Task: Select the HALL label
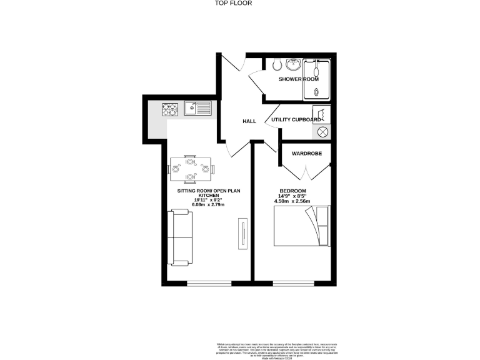250,121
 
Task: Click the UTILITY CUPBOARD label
296,119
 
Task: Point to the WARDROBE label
306,152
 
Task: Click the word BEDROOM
292,191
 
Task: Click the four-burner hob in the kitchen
171,111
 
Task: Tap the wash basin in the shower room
293,64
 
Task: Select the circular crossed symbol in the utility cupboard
323,132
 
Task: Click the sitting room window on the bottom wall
208,284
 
